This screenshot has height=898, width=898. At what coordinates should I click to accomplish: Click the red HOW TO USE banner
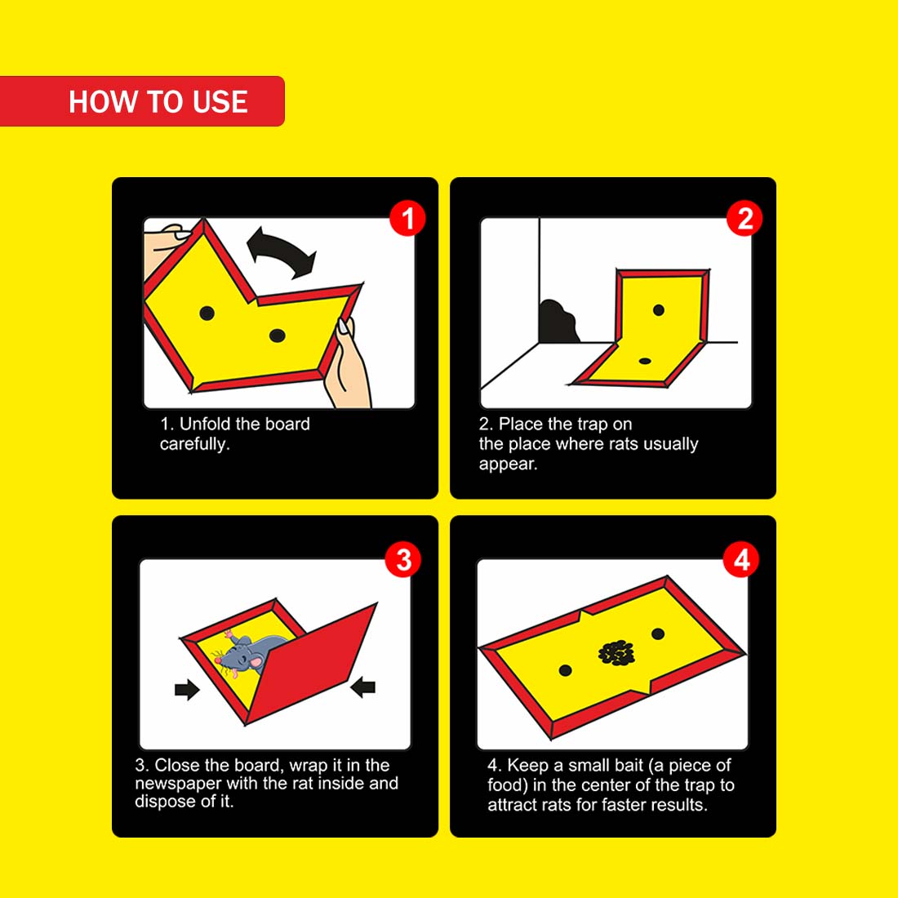click(x=142, y=100)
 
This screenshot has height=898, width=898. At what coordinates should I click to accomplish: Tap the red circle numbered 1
click(x=407, y=218)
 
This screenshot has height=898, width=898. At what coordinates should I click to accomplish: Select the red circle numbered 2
click(x=745, y=218)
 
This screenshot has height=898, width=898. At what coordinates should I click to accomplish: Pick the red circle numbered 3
click(x=403, y=559)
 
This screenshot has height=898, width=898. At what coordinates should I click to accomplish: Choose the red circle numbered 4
click(x=741, y=559)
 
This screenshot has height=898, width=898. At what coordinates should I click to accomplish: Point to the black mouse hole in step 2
click(x=558, y=322)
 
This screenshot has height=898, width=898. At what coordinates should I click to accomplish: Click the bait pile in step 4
click(x=616, y=653)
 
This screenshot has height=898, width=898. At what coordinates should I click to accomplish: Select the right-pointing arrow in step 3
click(x=187, y=689)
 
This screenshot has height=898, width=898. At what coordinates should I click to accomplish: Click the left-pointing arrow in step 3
click(x=362, y=686)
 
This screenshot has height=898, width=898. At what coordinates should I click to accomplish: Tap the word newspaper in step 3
click(x=178, y=784)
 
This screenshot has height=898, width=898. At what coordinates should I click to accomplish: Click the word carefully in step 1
click(x=195, y=444)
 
